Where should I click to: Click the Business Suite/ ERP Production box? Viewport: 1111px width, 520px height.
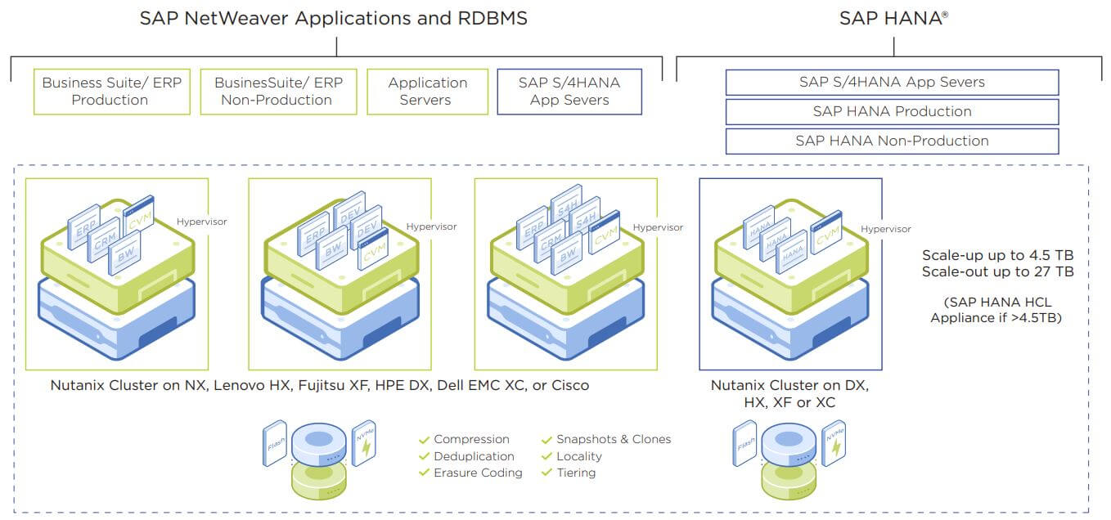(111, 92)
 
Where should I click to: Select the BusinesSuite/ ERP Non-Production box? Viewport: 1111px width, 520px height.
(278, 92)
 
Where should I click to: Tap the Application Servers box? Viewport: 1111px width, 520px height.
(426, 92)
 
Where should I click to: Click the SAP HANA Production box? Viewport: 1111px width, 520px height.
(892, 111)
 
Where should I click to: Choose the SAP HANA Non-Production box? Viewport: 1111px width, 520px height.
(892, 141)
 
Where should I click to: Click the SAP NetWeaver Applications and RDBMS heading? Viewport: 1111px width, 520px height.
(333, 18)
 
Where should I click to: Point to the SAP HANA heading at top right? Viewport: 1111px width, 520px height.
(893, 18)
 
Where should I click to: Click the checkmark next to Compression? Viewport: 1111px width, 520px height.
(424, 440)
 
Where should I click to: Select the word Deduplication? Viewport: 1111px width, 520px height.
(474, 456)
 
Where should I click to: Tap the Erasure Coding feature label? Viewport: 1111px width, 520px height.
(478, 473)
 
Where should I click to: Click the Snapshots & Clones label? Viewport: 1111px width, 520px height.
(614, 439)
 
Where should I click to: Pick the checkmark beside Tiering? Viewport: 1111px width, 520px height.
(547, 473)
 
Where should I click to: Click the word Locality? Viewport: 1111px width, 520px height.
(578, 456)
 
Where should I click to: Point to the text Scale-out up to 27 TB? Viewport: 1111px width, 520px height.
(997, 271)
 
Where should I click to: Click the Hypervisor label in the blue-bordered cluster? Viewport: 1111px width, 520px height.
(885, 230)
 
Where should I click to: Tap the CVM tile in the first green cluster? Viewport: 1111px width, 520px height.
(138, 213)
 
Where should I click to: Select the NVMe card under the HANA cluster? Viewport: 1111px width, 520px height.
(833, 442)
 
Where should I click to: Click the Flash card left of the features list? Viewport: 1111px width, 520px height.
(276, 443)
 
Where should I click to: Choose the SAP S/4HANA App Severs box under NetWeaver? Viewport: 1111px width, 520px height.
(569, 92)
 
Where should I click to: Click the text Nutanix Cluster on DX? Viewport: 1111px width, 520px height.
(789, 385)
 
